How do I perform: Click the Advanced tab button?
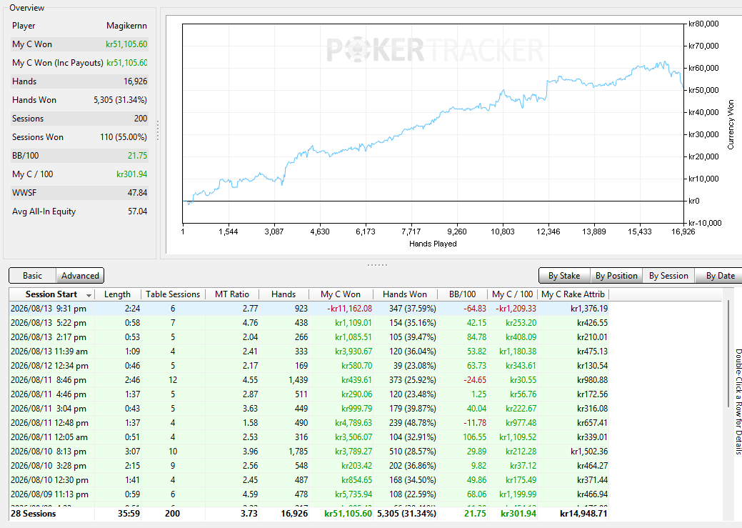pos(80,276)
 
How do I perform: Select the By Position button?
pos(616,276)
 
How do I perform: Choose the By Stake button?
pos(564,276)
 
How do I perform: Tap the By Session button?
pos(668,276)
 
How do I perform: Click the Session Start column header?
pos(51,294)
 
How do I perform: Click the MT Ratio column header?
pos(232,294)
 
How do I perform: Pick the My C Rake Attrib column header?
pos(573,294)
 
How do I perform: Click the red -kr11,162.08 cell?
pos(350,309)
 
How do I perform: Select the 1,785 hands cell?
pos(298,452)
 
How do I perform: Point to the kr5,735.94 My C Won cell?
pos(354,494)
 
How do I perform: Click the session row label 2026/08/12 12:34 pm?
pos(49,366)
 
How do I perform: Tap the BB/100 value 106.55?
pos(474,437)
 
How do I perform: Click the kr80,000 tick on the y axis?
pos(703,24)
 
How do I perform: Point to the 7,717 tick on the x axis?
pos(411,231)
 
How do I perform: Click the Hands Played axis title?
pos(433,244)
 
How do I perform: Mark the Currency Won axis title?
pos(731,124)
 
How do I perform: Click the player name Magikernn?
pos(126,26)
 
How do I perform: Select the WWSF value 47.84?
pos(137,193)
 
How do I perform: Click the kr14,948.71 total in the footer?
pos(583,513)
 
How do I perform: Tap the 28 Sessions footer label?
pos(33,513)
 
